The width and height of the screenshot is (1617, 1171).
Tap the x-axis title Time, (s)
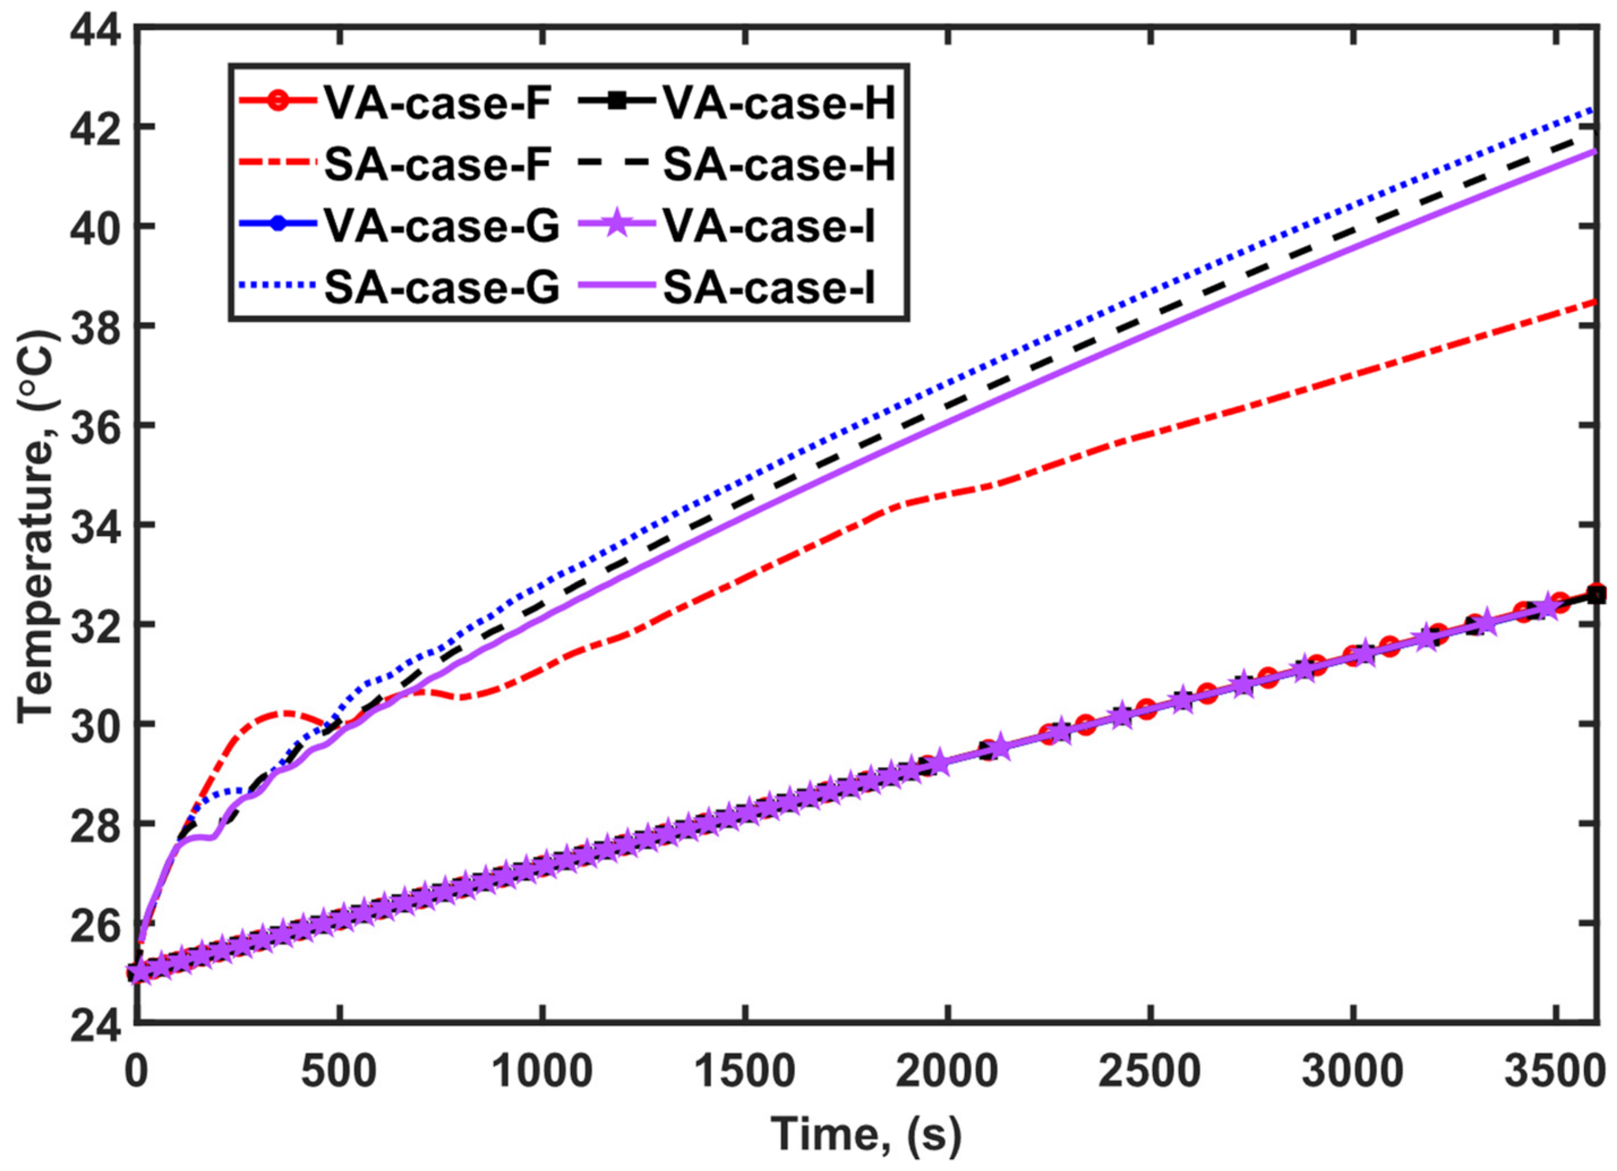coord(866,1132)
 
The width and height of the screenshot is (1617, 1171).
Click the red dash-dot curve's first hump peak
coord(284,712)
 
